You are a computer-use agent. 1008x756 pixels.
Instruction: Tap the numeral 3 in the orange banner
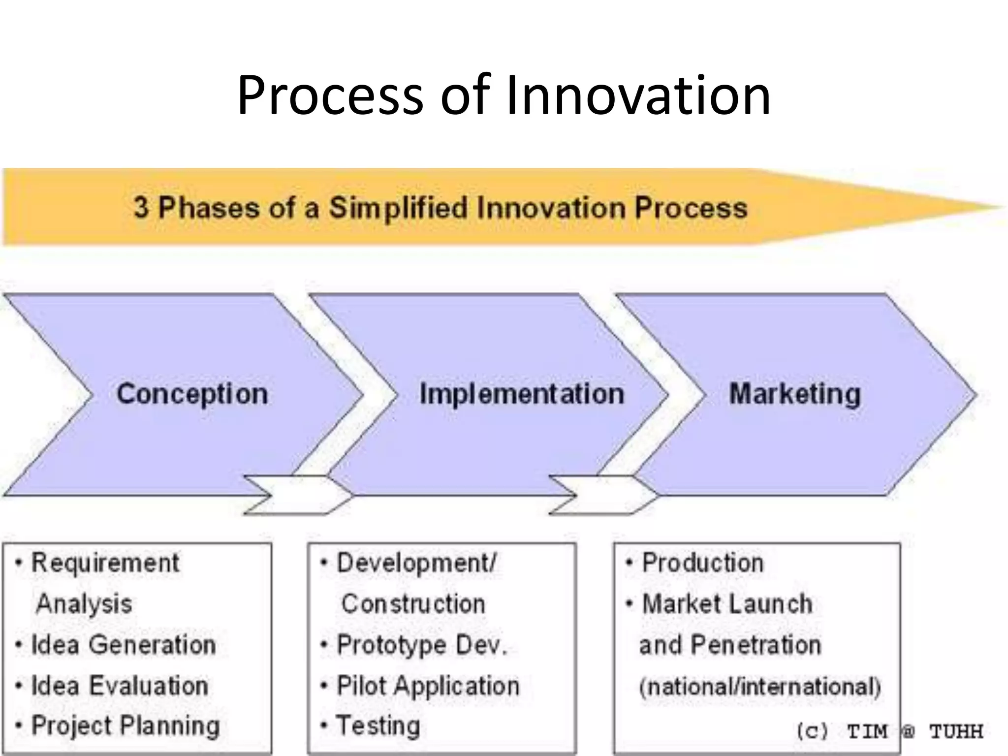point(141,207)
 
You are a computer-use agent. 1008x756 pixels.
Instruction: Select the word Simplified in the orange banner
point(398,207)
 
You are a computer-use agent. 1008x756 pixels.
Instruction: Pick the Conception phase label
point(192,394)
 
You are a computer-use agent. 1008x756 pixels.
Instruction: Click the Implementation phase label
point(522,394)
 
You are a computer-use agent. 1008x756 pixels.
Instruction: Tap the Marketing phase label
point(795,394)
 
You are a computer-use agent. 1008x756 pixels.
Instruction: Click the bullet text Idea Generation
point(124,645)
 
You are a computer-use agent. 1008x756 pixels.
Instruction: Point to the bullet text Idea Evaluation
point(120,686)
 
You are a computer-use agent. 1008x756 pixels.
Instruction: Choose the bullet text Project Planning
point(126,726)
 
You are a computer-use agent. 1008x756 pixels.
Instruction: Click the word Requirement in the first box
point(105,563)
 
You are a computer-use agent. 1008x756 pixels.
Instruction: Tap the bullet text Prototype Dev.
point(421,645)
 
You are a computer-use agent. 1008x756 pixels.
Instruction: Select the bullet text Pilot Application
point(428,686)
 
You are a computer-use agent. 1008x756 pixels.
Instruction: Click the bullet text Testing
point(378,726)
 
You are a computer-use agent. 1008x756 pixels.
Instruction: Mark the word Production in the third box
point(703,563)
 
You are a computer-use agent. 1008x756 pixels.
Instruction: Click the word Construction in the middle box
point(413,604)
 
